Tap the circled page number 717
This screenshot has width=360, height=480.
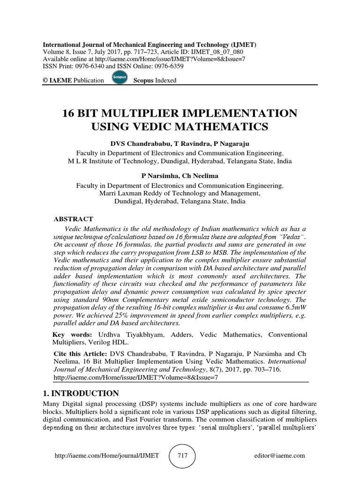[182, 455]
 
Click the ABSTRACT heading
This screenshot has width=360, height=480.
[74, 219]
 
